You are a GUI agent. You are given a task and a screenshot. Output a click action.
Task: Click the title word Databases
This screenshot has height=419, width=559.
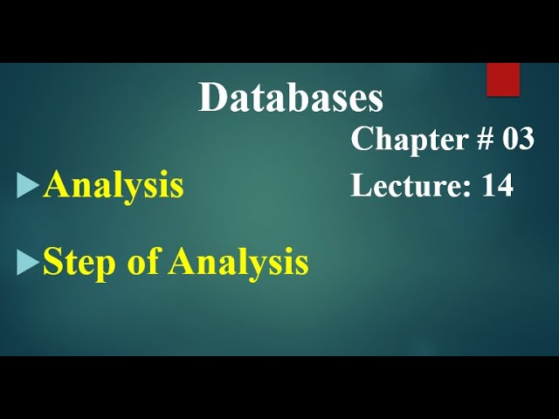tap(291, 99)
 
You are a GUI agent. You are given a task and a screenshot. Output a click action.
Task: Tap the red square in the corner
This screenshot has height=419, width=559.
tap(503, 79)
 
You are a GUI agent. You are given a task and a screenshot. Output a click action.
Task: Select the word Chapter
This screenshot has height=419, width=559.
tap(398, 139)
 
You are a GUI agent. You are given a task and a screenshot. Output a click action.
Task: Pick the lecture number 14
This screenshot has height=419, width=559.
tap(497, 185)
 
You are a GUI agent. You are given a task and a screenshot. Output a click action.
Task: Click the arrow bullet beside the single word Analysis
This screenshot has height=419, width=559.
tap(28, 185)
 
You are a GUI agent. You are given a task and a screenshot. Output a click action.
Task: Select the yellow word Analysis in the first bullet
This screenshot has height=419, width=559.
tap(114, 186)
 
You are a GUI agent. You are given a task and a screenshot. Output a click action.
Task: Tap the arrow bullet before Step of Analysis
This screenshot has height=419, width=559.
tap(28, 262)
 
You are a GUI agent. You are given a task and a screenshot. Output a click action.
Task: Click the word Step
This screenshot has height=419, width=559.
tap(72, 263)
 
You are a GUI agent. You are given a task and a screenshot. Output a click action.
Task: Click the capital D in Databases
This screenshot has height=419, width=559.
tap(212, 99)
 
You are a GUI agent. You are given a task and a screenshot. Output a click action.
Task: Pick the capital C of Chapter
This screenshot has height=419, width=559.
tap(362, 140)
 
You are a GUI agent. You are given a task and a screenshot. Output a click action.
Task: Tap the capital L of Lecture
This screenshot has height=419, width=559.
tap(360, 185)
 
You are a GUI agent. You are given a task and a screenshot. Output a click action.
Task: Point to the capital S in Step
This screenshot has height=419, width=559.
tap(52, 262)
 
